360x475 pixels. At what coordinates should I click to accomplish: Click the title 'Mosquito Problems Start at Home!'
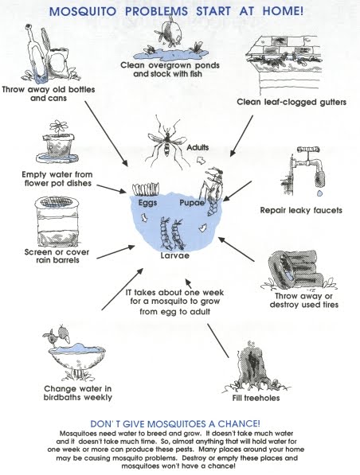(180, 12)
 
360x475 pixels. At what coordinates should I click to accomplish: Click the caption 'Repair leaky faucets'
(301, 211)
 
